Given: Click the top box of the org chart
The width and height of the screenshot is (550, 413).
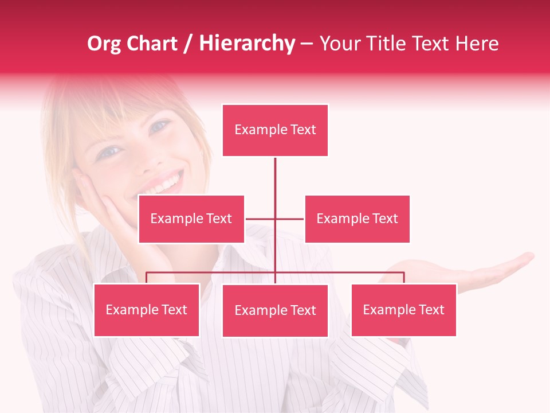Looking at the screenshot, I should tap(275, 130).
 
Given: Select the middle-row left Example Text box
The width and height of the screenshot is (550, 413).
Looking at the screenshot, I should tap(191, 219).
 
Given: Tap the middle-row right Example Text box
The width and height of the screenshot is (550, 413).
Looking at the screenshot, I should tap(357, 219).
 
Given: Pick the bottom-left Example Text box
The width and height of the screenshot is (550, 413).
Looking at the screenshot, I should tap(147, 310).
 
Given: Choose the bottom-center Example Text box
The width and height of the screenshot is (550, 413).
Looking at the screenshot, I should tap(275, 310).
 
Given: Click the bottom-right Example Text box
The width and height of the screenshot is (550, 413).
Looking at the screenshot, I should tap(403, 310).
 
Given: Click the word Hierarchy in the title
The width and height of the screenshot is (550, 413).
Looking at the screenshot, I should tap(247, 44).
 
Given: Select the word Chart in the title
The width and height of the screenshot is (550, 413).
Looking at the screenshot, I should tap(152, 44).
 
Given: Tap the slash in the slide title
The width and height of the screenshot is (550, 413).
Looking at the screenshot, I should tap(188, 44).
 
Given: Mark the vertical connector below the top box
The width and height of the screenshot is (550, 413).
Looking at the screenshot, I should tap(275, 184).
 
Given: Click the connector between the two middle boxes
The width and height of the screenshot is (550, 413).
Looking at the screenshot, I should tap(275, 219).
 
